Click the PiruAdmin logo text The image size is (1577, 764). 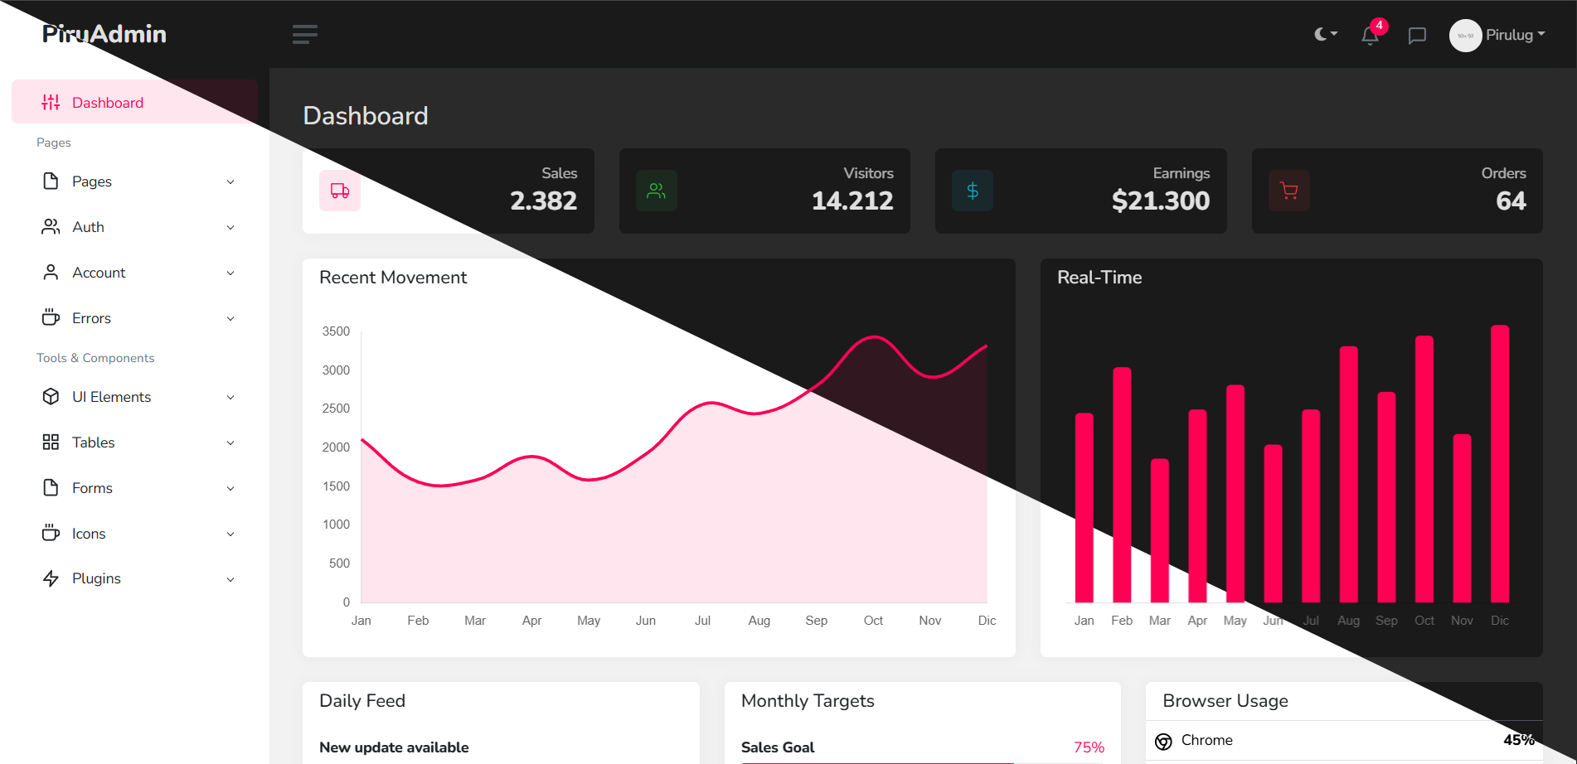click(104, 34)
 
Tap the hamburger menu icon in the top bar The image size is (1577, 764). click(304, 34)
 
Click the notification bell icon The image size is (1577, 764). click(1370, 36)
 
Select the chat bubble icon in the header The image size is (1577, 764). click(1417, 36)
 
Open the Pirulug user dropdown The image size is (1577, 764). click(1497, 35)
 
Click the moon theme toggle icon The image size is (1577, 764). click(1324, 34)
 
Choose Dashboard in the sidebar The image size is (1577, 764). click(107, 103)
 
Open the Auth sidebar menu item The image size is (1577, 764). click(88, 227)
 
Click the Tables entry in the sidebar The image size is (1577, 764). click(93, 442)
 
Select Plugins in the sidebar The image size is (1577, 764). click(96, 578)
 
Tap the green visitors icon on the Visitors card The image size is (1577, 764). click(657, 191)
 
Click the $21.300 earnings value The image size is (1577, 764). click(1160, 201)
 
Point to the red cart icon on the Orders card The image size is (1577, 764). click(1289, 191)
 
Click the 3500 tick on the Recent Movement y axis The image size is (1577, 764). click(336, 331)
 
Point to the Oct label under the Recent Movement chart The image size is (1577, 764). click(873, 621)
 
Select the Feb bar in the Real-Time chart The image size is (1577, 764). click(1122, 485)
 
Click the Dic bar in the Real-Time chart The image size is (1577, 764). click(1500, 464)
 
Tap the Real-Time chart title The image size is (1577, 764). click(1099, 278)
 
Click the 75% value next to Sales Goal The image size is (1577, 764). click(1089, 747)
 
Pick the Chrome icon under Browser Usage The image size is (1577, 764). click(1163, 741)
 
